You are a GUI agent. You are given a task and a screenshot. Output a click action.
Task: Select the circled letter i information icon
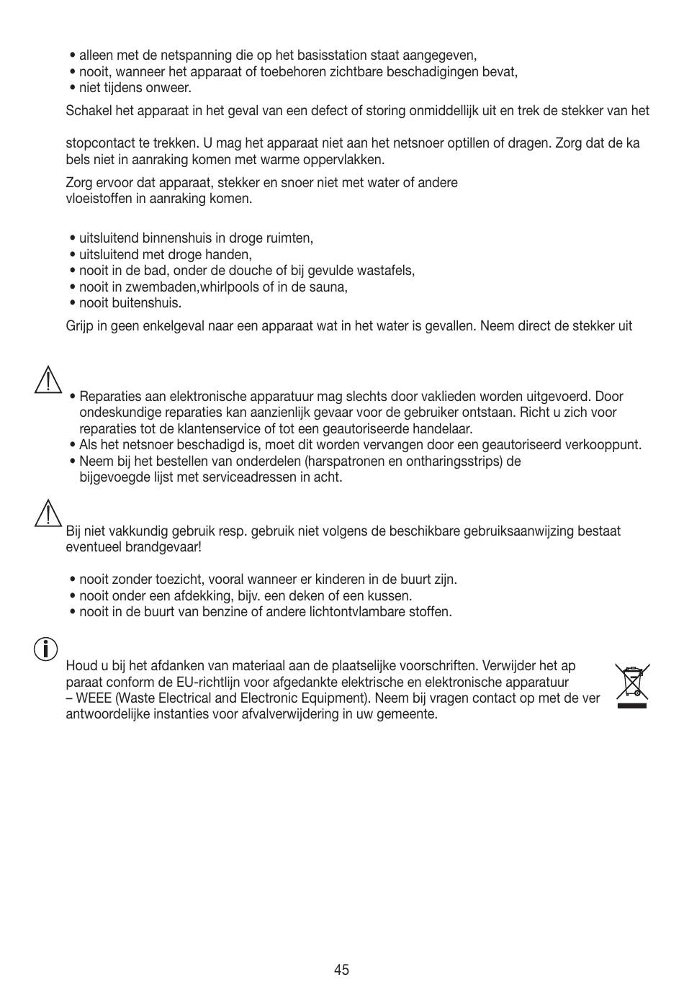pyautogui.click(x=45, y=649)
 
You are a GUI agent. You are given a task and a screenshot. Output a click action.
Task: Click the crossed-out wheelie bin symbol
pyautogui.click(x=631, y=684)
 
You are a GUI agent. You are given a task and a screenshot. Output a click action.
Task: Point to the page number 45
pyautogui.click(x=341, y=970)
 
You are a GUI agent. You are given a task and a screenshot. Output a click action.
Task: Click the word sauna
pyautogui.click(x=330, y=287)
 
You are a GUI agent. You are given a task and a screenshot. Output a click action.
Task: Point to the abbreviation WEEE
pyautogui.click(x=94, y=698)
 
